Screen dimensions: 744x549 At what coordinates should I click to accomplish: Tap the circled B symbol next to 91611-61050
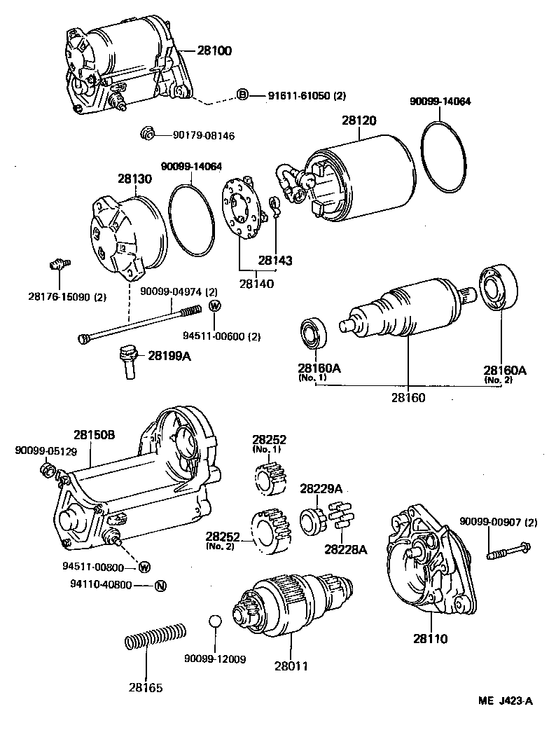click(242, 95)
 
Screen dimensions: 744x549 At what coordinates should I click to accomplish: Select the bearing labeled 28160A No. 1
click(314, 333)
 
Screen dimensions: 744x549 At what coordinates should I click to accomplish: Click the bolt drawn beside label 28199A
click(127, 360)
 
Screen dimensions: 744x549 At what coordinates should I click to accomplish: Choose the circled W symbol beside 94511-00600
click(215, 305)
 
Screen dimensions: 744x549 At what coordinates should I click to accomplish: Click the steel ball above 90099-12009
click(216, 622)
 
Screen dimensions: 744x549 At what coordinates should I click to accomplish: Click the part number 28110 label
click(429, 639)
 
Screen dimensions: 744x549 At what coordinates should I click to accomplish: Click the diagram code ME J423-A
click(506, 702)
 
